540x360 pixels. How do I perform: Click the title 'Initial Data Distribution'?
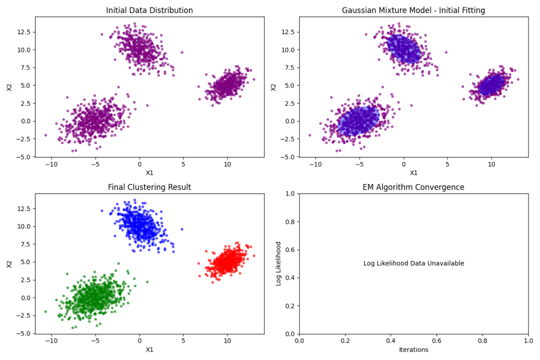point(149,10)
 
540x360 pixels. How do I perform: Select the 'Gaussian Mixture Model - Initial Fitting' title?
point(413,10)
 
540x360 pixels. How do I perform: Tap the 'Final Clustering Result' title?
point(149,187)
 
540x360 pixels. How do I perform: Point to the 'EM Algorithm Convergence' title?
point(413,187)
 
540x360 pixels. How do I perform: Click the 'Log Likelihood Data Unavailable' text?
point(413,263)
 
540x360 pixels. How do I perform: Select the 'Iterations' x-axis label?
point(413,349)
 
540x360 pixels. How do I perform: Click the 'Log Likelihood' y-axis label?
point(278,263)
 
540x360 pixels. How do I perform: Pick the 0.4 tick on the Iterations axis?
point(391,340)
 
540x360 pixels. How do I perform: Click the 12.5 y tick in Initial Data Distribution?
point(24,32)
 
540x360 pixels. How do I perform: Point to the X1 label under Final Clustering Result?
point(149,349)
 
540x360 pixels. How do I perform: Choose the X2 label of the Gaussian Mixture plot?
point(273,87)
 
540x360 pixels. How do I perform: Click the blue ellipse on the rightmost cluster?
point(491,85)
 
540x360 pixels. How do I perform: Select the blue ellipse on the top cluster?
point(404,49)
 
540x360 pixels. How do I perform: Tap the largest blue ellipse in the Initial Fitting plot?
point(358,120)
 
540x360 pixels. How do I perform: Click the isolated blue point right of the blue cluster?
point(182,229)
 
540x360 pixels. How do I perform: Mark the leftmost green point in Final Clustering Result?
point(45,312)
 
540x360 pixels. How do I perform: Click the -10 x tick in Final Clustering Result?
point(51,340)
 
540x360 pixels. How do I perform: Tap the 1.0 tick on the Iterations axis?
point(528,340)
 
